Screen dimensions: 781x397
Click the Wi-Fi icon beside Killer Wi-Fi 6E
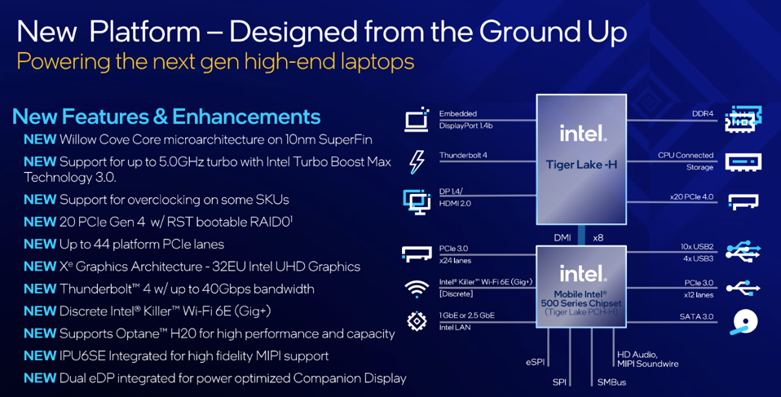[x=417, y=289]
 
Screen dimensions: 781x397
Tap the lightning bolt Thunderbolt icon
[x=417, y=162]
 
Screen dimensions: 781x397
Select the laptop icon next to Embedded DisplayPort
[x=417, y=120]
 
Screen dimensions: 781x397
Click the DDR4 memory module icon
[x=743, y=119]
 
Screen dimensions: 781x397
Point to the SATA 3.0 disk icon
[x=744, y=322]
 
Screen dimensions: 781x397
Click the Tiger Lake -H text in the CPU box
[x=581, y=165]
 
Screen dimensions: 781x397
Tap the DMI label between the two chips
[x=563, y=237]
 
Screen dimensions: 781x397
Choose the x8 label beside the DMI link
[x=598, y=237]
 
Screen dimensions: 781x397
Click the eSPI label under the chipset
[x=536, y=362]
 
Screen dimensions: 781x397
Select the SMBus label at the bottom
[x=611, y=382]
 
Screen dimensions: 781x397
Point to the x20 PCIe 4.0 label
[x=691, y=196]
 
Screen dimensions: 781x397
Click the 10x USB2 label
[x=697, y=246]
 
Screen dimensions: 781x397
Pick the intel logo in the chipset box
[x=581, y=273]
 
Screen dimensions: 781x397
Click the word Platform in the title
[x=145, y=32]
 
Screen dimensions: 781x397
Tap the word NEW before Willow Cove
[x=40, y=139]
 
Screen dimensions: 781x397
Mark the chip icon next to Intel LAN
[x=417, y=321]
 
